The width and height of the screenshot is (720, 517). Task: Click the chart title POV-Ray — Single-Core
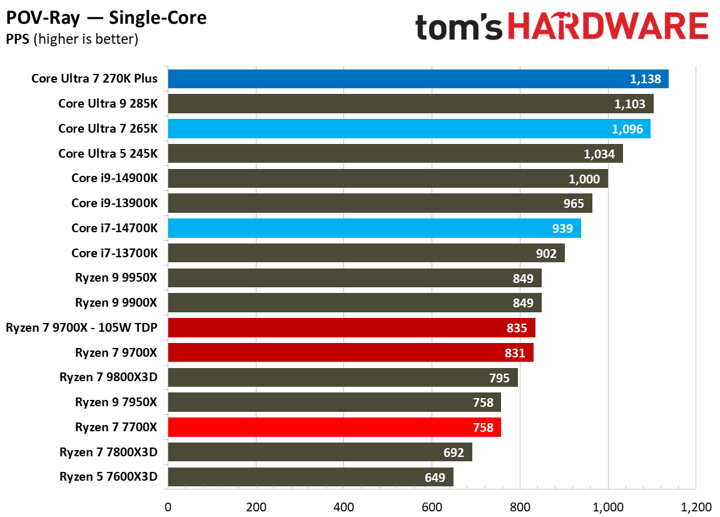coord(106,18)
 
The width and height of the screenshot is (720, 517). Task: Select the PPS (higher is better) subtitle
coord(72,39)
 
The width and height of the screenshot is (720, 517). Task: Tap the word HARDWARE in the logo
coord(607,28)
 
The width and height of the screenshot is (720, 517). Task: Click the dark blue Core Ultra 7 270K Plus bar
coord(418,79)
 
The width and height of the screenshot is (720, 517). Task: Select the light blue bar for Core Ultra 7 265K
coord(408,129)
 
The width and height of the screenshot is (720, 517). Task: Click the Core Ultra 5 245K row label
coord(108,153)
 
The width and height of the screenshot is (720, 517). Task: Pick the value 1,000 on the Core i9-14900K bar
coord(584,179)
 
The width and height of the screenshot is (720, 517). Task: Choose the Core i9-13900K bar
coord(380,203)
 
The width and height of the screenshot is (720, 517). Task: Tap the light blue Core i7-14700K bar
coord(374,228)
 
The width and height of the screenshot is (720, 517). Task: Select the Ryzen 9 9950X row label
coord(116,278)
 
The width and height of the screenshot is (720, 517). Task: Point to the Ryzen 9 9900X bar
coord(354,303)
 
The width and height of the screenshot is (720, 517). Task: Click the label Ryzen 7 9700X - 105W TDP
coord(81,328)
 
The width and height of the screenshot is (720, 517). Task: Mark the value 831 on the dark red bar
coord(515,353)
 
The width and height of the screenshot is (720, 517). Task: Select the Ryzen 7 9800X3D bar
coord(342,377)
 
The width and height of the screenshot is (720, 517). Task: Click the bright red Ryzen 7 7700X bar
coord(334,427)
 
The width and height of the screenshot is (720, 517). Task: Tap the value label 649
coord(434,478)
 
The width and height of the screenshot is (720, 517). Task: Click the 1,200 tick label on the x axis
coord(696,506)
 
